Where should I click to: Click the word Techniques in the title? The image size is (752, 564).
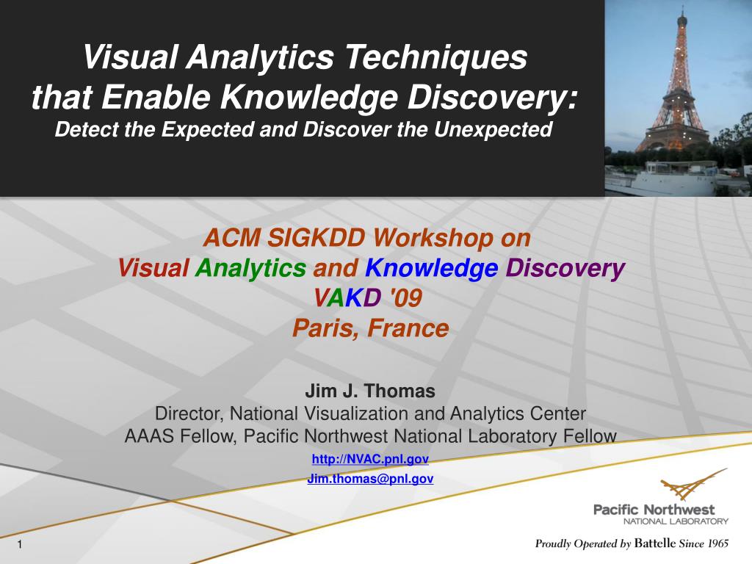pyautogui.click(x=435, y=57)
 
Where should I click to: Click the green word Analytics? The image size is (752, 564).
pyautogui.click(x=250, y=268)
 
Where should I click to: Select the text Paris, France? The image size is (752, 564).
pyautogui.click(x=370, y=328)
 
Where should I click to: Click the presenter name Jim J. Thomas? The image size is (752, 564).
pyautogui.click(x=370, y=391)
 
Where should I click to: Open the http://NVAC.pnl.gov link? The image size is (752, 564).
pyautogui.click(x=370, y=459)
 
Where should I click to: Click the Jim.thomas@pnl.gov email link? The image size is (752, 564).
pyautogui.click(x=370, y=479)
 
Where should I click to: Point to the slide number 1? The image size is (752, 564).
pyautogui.click(x=20, y=544)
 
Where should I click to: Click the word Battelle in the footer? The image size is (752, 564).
pyautogui.click(x=655, y=543)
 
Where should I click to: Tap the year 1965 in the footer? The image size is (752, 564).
pyautogui.click(x=717, y=543)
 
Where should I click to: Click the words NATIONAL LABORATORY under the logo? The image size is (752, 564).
pyautogui.click(x=676, y=521)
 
